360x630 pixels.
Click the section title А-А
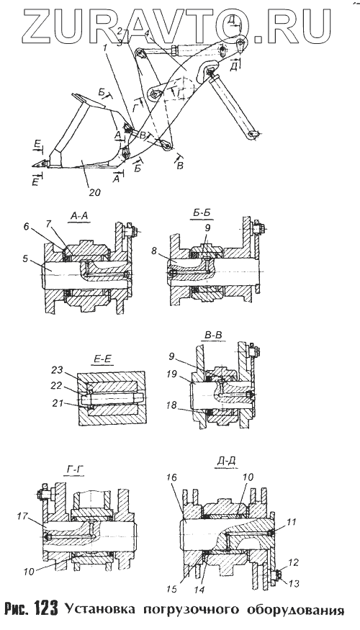click(79, 217)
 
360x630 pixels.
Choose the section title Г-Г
click(74, 469)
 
